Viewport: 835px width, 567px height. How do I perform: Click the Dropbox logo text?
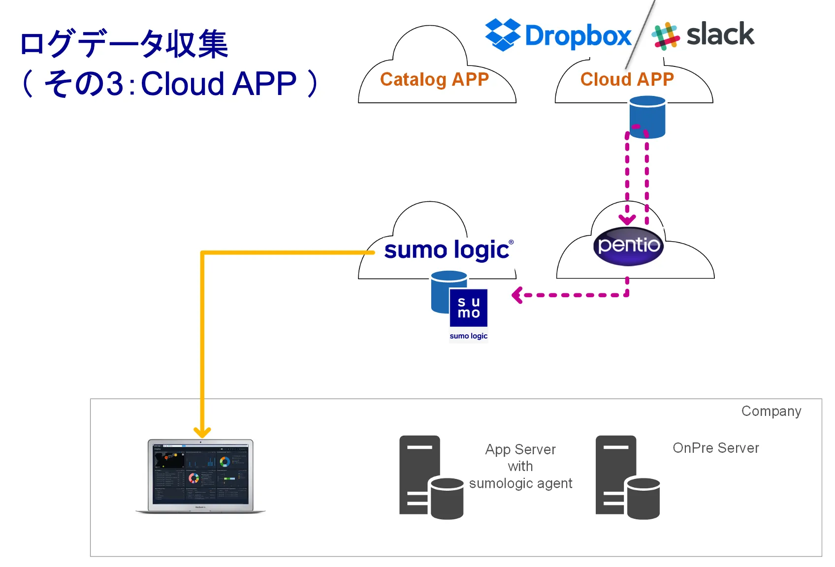point(578,36)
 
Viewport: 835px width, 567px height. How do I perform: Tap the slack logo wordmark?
point(720,34)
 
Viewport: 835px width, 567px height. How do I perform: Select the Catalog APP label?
point(434,79)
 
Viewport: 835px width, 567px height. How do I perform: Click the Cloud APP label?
point(627,79)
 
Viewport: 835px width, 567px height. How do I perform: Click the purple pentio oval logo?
point(628,246)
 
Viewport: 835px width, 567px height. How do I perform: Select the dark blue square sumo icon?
point(468,308)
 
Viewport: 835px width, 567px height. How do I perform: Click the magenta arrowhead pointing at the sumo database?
point(516,295)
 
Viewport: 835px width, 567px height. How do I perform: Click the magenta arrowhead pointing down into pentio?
point(627,220)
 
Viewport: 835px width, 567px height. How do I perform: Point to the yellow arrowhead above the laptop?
point(202,433)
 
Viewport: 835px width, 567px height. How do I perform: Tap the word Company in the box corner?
point(771,411)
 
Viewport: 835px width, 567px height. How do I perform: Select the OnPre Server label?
point(715,448)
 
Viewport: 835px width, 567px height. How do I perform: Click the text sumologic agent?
point(520,483)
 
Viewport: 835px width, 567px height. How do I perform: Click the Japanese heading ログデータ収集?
point(124,44)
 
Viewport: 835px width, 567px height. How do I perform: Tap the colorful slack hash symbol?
point(665,36)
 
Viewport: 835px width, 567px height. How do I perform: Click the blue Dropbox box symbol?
point(503,34)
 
